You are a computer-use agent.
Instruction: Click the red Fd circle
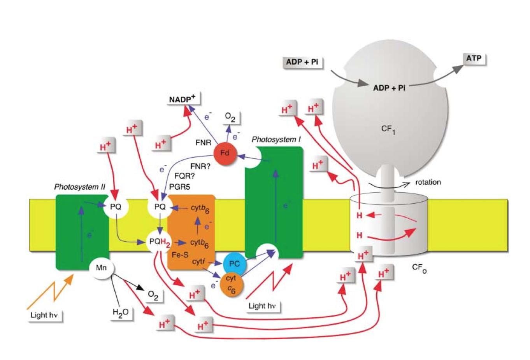point(225,153)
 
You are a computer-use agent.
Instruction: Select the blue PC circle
point(234,264)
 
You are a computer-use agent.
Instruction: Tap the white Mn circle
point(101,267)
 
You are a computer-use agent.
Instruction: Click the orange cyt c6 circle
point(231,284)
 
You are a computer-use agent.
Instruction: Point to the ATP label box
point(474,59)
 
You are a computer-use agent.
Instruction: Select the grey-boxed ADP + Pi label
point(302,62)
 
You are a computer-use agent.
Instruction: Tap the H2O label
point(121,313)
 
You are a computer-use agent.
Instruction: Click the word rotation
point(428,182)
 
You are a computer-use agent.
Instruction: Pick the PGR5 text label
point(180,187)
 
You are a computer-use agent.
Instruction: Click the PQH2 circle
point(159,242)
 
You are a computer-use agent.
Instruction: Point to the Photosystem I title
point(276,139)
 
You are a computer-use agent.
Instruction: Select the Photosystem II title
point(79,187)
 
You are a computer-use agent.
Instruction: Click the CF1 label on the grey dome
point(388,129)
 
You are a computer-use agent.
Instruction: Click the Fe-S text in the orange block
point(180,255)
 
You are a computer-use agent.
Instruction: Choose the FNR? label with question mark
point(200,166)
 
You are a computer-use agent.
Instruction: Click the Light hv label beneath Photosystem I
point(262,306)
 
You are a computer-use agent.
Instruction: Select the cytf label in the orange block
point(198,262)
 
